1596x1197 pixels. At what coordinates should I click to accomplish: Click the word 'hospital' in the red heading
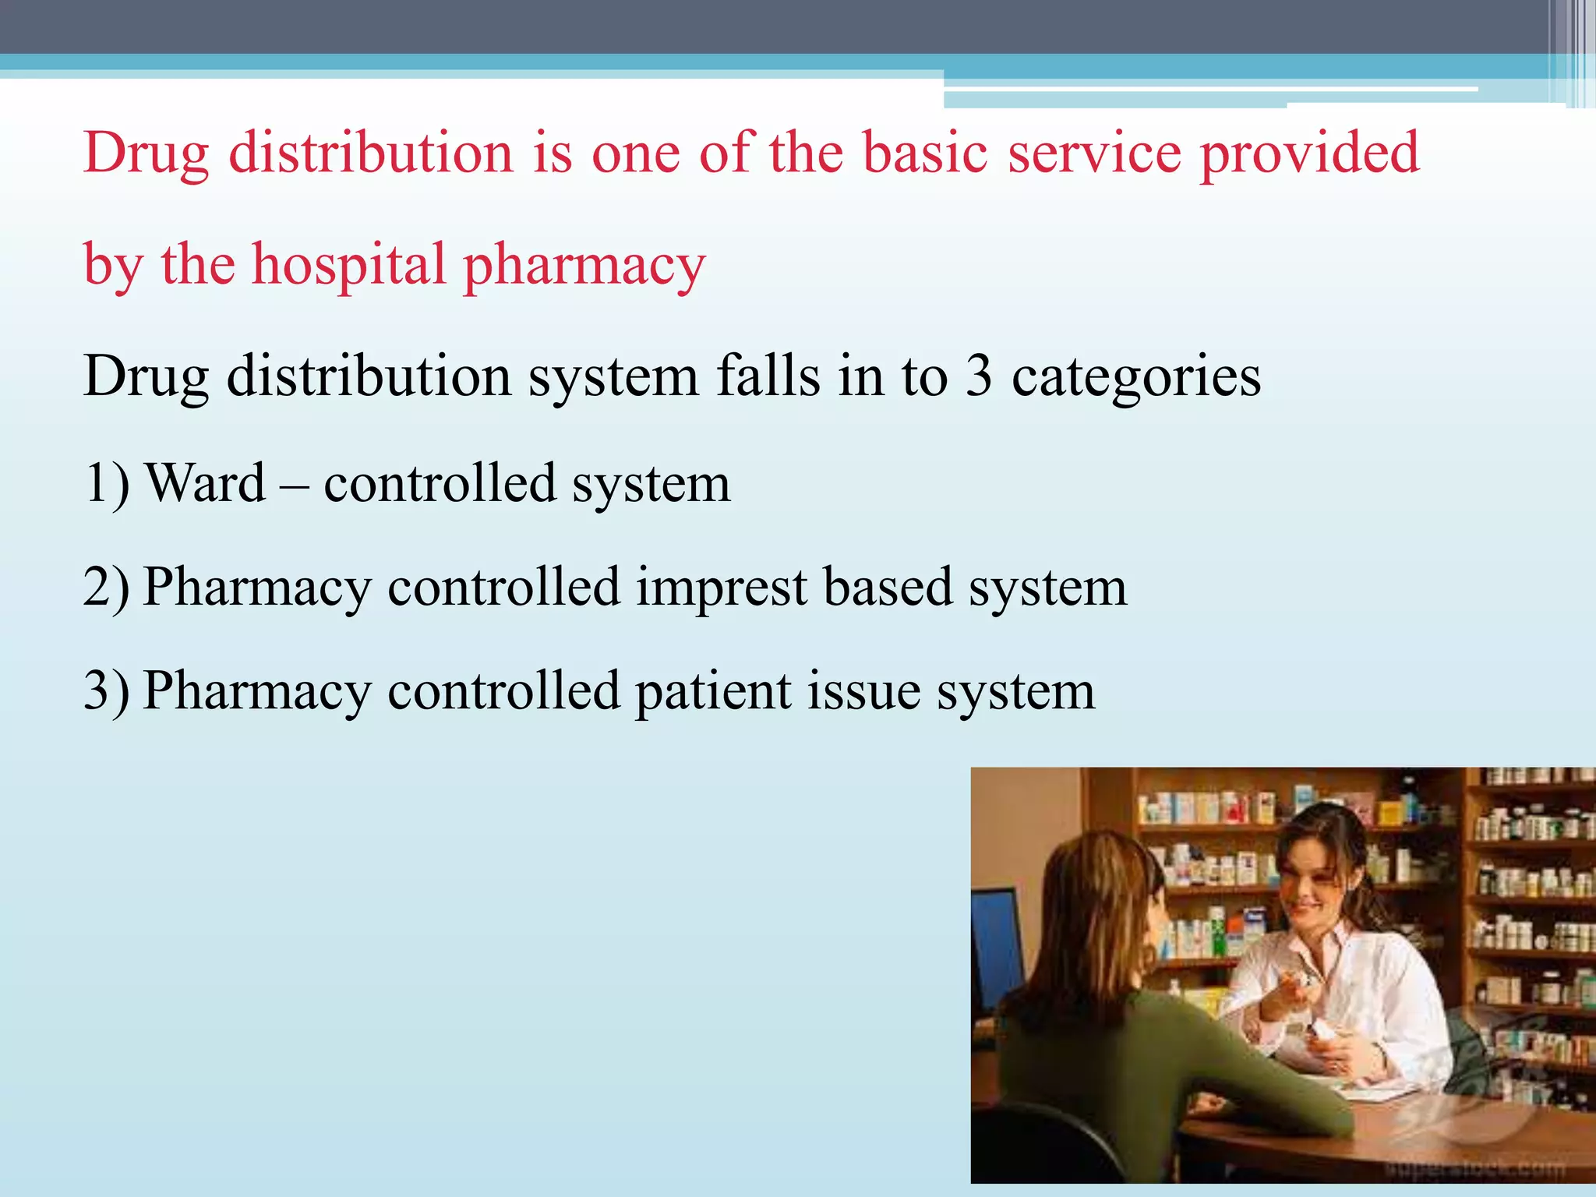(348, 266)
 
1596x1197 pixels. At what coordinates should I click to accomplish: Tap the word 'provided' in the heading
(1309, 152)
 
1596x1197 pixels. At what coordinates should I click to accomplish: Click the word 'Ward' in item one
(206, 483)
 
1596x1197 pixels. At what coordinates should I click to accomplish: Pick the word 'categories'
(1136, 377)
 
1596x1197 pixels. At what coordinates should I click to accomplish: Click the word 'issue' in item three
(863, 690)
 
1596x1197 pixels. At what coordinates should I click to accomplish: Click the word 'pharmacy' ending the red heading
(584, 266)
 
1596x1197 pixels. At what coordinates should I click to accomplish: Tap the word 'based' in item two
(888, 587)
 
